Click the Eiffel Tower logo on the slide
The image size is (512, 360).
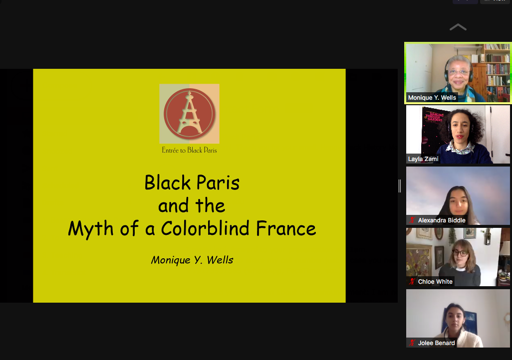[190, 114]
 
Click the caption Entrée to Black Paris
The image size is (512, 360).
[190, 150]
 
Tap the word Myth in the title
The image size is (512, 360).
[91, 229]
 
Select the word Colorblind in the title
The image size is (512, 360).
[206, 228]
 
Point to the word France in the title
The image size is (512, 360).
[286, 228]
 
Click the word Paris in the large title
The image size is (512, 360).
[218, 182]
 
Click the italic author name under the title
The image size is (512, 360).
[192, 260]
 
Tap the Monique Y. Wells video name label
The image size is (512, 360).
[432, 98]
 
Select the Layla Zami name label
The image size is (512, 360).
[423, 159]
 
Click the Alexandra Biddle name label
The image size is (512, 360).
[442, 220]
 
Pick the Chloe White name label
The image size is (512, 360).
[435, 282]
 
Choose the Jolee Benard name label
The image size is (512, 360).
[436, 343]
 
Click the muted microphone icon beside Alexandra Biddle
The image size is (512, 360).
[412, 220]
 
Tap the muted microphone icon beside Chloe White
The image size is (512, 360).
[412, 282]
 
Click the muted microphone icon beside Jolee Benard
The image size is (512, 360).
[412, 343]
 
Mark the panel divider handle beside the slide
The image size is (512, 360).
[400, 185]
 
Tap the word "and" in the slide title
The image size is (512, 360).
[173, 206]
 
